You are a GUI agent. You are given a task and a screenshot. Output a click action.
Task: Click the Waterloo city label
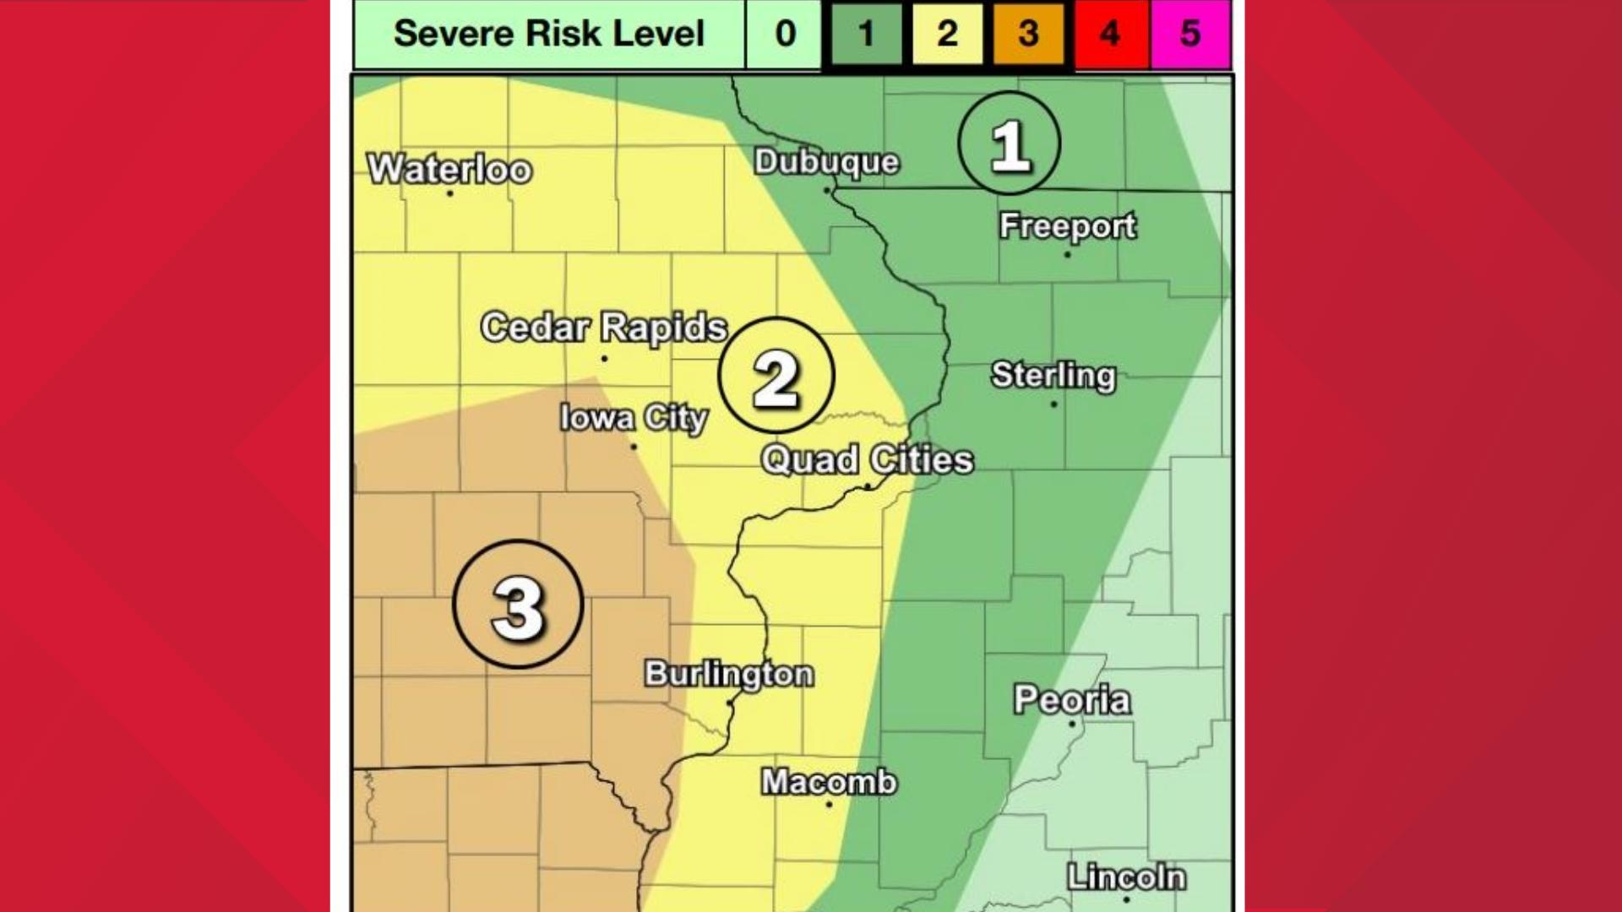[449, 169]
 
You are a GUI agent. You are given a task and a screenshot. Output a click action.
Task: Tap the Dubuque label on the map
[826, 161]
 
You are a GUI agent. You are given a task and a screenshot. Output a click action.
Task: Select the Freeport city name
[1067, 225]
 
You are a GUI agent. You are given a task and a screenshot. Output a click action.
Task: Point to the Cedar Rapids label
[603, 328]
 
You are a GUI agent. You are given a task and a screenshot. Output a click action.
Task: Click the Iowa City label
[634, 418]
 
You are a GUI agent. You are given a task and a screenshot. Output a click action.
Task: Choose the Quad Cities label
[867, 460]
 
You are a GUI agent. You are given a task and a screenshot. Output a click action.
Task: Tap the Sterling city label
[1053, 375]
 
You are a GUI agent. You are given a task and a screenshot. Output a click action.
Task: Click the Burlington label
[729, 674]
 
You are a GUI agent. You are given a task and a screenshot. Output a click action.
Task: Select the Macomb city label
[829, 782]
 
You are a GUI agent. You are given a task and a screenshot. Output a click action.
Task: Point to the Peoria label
[1071, 699]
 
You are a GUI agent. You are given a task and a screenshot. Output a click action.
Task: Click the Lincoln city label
[1125, 877]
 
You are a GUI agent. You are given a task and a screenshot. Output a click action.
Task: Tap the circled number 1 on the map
[1009, 144]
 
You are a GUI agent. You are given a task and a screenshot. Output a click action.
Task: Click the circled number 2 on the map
[776, 376]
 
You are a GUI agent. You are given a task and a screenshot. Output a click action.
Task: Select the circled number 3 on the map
[518, 605]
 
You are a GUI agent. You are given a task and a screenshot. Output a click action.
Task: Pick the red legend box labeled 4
[1110, 34]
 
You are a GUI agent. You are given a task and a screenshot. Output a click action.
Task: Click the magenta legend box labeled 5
[1189, 34]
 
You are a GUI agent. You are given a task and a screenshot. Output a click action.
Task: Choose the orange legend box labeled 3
[1028, 34]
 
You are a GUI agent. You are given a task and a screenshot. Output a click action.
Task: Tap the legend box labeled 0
[785, 34]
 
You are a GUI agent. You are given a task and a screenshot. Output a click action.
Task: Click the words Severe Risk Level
[549, 34]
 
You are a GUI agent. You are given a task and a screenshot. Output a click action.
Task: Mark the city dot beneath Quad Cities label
[868, 486]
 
